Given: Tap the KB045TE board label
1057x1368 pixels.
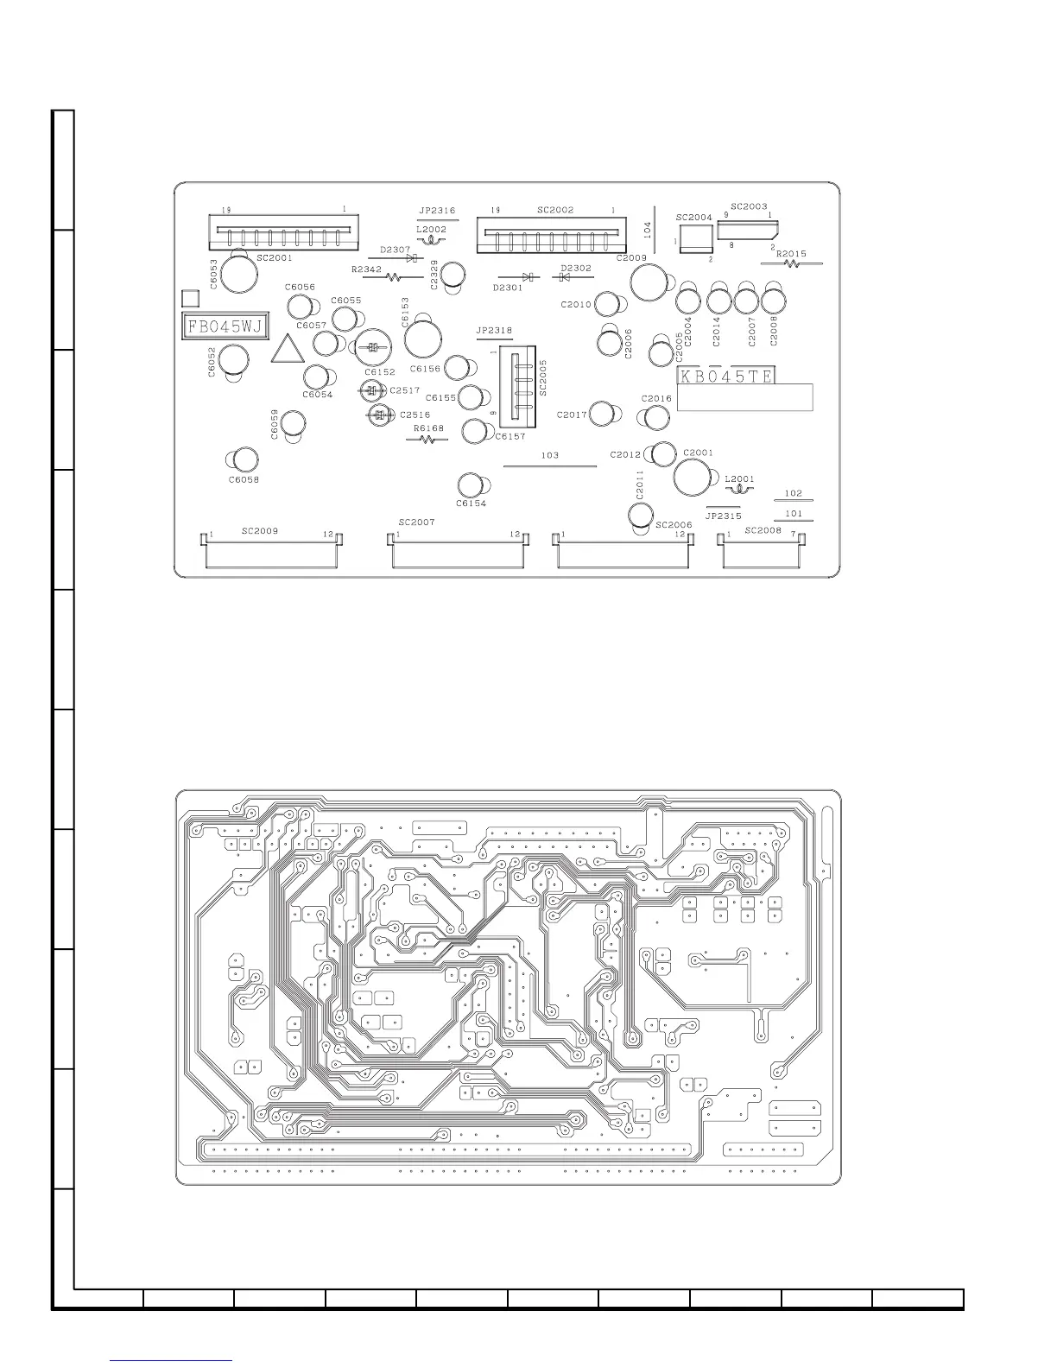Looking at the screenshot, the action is coord(726,376).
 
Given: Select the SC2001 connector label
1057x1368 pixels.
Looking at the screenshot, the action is coord(275,258).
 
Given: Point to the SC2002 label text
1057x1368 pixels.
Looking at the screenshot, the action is coord(555,210).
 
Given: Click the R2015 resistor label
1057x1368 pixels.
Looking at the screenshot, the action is coord(791,254).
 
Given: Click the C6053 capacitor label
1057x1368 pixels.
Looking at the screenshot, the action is coord(213,273).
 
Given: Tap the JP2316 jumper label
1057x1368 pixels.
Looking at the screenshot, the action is coord(437,210).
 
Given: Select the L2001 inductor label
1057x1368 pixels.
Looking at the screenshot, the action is coord(739,478).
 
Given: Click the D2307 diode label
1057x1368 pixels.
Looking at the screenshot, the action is coord(396,250).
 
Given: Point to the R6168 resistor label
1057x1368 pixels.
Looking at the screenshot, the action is coord(428,427).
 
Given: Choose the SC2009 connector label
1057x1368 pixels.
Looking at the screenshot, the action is coord(260,531).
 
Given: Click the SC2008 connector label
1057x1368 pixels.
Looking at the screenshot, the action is coord(763,530).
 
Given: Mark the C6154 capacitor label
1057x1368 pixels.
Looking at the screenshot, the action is coord(471,503).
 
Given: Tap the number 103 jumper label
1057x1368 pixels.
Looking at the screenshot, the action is coord(550,455).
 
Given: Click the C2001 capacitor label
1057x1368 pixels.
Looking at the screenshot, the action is coord(698,453).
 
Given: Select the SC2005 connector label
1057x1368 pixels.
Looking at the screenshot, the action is coord(543,377).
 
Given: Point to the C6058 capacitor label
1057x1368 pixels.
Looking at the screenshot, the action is coord(244,479).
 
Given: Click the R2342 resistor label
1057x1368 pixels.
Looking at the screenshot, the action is coord(366,269).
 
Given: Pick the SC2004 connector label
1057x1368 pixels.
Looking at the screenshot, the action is coord(693,218).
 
